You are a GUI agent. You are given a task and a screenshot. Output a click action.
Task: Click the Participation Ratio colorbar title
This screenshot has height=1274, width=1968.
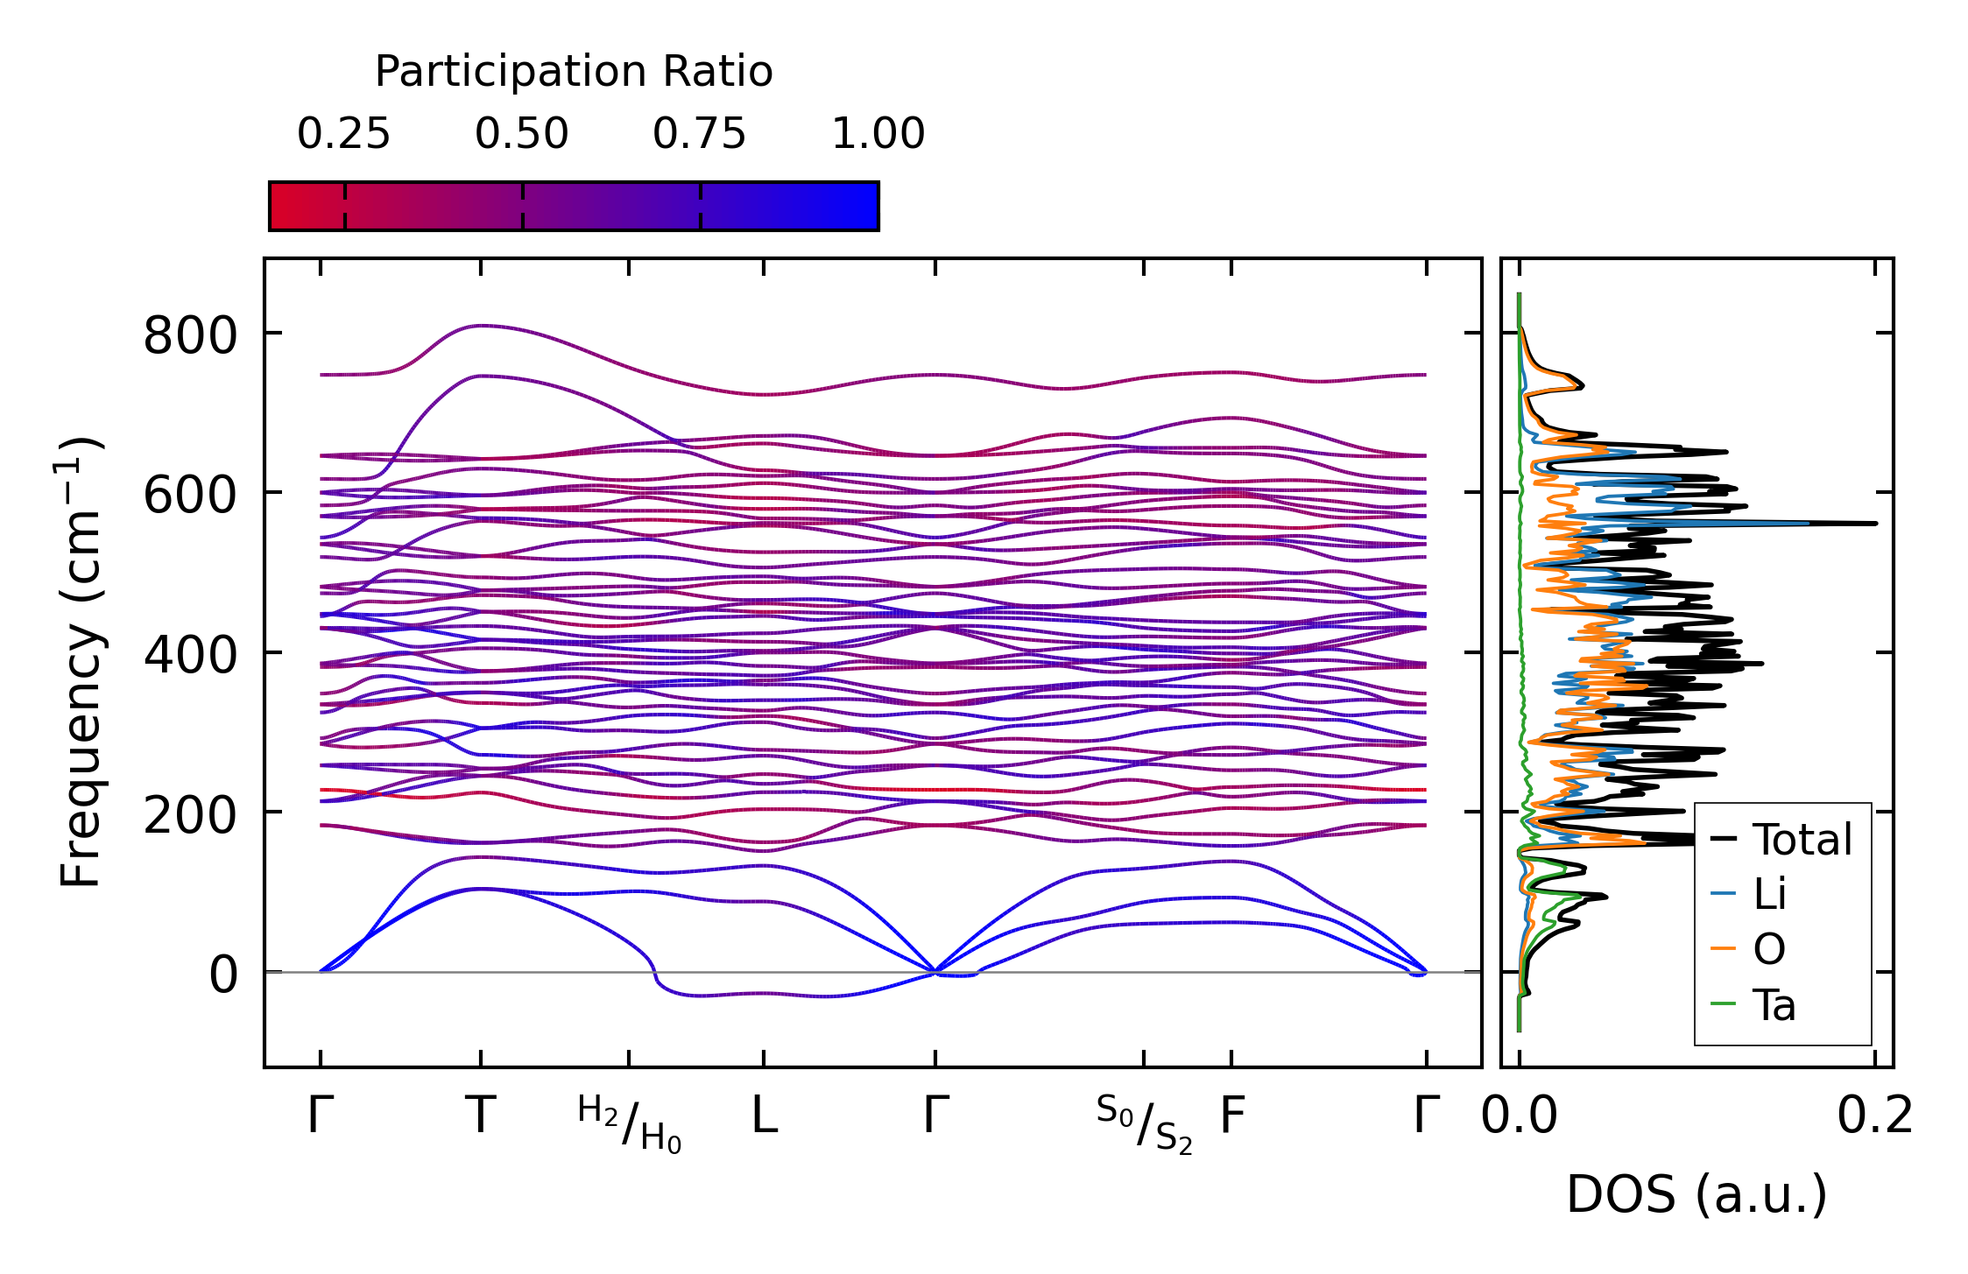pyautogui.click(x=574, y=72)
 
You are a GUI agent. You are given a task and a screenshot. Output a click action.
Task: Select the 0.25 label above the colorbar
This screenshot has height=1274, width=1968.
pyautogui.click(x=343, y=134)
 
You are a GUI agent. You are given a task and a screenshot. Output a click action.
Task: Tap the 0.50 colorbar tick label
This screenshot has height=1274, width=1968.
pyautogui.click(x=522, y=134)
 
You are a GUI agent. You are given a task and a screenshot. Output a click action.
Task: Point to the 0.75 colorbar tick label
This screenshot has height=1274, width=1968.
pyautogui.click(x=700, y=134)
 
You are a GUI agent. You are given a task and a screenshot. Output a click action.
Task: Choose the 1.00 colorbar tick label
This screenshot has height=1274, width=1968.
pyautogui.click(x=878, y=134)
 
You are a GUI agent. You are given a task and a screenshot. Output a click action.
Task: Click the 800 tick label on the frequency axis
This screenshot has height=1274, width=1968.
pyautogui.click(x=190, y=334)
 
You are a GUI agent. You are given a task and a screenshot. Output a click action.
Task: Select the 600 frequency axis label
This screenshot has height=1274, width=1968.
pyautogui.click(x=190, y=495)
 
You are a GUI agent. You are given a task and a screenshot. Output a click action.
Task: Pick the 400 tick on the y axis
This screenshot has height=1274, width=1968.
pyautogui.click(x=190, y=655)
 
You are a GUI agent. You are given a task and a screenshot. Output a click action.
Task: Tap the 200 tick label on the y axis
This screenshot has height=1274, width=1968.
pyautogui.click(x=190, y=815)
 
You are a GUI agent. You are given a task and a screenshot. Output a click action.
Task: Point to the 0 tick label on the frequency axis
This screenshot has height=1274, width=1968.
pyautogui.click(x=222, y=975)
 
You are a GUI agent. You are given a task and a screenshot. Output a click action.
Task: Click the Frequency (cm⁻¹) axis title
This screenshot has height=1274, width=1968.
pyautogui.click(x=80, y=662)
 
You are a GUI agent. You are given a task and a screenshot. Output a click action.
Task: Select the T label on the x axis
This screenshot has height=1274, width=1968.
pyautogui.click(x=481, y=1116)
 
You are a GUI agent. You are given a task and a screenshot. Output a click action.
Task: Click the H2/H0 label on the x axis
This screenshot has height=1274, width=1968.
pyautogui.click(x=629, y=1123)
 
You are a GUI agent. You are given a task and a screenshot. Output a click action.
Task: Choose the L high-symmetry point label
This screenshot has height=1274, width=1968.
pyautogui.click(x=765, y=1116)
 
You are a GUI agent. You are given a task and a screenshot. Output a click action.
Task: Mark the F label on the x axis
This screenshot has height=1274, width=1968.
pyautogui.click(x=1232, y=1116)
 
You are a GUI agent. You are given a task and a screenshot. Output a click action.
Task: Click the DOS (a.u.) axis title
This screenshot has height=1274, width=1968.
pyautogui.click(x=1697, y=1195)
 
